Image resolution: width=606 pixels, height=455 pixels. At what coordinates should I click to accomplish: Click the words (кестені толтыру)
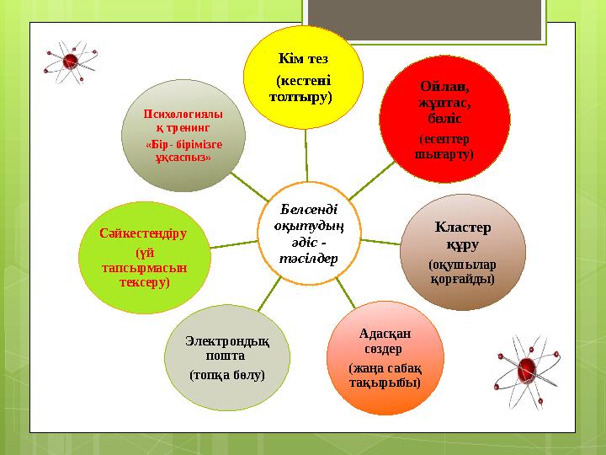coord(301,88)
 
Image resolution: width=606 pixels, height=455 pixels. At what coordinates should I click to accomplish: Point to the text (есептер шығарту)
coord(444,146)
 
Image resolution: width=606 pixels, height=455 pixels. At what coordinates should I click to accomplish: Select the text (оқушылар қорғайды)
coord(462,270)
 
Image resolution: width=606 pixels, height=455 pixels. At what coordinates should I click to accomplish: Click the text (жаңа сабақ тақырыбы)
coord(385,376)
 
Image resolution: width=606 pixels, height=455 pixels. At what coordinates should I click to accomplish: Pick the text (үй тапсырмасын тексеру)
coord(143,266)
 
